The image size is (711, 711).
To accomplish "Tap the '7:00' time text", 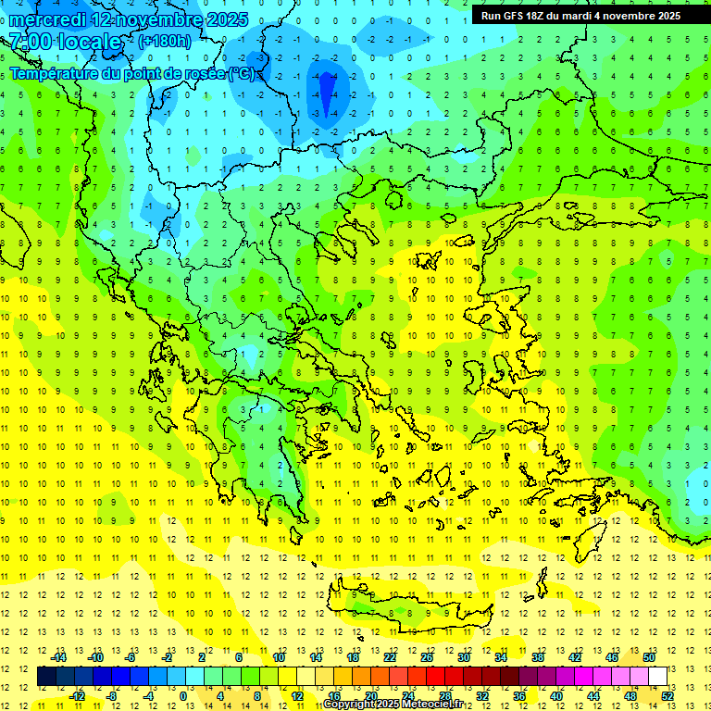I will click(x=30, y=42).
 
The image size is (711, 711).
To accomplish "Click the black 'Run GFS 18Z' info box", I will click(x=580, y=15).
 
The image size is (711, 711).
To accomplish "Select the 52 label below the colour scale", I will click(x=667, y=695).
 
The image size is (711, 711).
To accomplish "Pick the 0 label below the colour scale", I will click(x=183, y=695).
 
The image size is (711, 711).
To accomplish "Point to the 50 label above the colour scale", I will click(x=649, y=657).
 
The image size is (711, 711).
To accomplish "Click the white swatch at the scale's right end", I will click(x=658, y=677).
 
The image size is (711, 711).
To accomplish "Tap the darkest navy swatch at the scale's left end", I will click(x=46, y=677).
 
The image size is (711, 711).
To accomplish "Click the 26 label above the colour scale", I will click(x=427, y=657).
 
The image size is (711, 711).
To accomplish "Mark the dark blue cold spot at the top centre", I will click(x=327, y=91).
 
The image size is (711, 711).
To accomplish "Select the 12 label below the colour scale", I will click(x=298, y=695).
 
